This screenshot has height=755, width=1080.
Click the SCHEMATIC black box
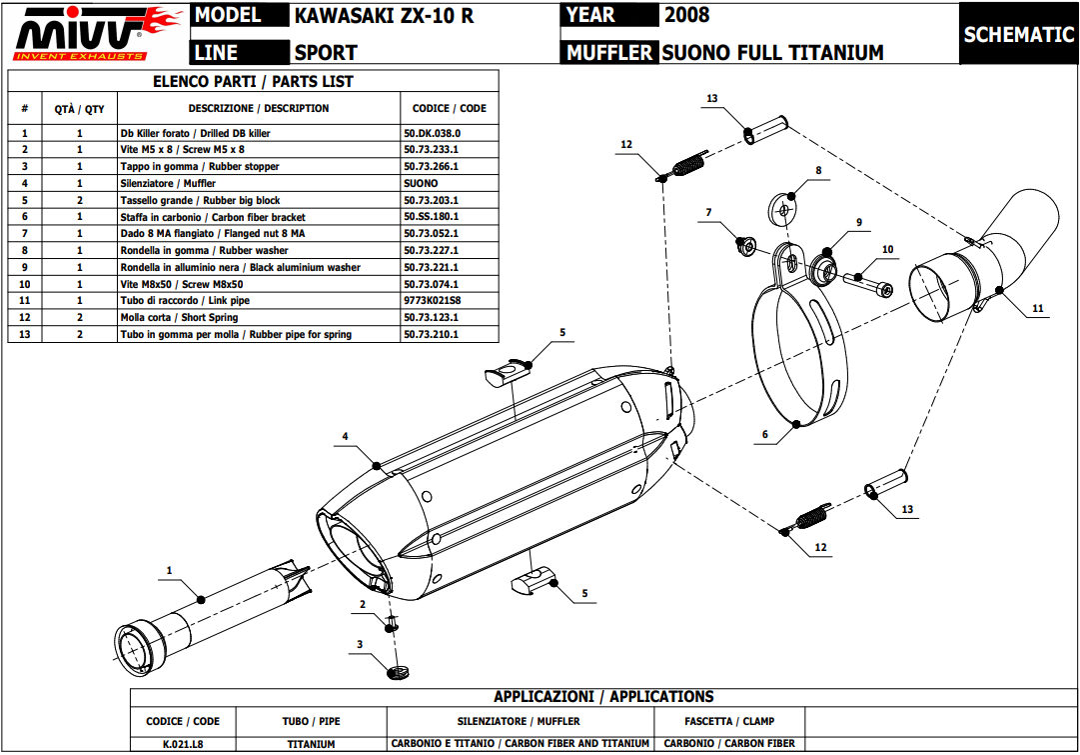coord(1018,34)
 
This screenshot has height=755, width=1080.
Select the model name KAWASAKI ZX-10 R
coord(384,15)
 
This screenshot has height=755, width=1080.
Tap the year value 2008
coord(686,15)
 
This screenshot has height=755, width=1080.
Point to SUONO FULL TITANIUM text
coord(772,52)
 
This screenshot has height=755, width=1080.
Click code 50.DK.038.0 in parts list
coord(432,132)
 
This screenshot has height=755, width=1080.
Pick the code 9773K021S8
coord(432,300)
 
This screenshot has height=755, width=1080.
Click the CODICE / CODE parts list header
coord(449,108)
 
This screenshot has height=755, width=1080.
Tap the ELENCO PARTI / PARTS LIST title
coord(253,82)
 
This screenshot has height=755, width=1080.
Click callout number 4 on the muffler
coord(345,436)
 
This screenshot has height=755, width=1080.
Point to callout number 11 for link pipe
coord(1038,309)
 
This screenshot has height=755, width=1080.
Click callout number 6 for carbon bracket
coord(765,435)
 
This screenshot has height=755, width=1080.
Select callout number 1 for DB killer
coord(169,570)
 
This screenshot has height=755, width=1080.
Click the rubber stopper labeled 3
coord(397,670)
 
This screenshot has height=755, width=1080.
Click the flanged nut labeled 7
coord(743,243)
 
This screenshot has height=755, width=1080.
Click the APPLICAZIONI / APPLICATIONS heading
coord(603,697)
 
